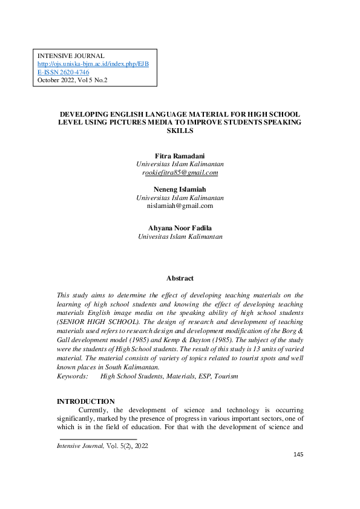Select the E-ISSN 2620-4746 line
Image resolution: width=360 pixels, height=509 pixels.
64,71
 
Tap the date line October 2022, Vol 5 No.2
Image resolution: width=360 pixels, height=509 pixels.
72,79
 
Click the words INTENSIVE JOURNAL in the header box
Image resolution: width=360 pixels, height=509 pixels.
71,56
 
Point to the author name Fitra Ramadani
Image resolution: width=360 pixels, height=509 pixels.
180,156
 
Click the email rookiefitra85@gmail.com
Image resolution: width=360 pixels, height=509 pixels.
180,172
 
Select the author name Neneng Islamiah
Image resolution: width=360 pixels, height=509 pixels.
180,189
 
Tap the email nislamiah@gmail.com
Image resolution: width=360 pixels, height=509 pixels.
180,206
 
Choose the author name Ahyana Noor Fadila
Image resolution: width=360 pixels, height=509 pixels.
180,228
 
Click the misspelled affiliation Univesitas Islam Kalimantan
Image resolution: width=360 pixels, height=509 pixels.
180,236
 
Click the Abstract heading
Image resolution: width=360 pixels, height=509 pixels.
180,278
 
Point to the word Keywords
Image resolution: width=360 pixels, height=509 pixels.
72,375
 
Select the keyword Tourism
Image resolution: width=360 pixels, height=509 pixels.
225,375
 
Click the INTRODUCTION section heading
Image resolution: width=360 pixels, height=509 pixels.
85,401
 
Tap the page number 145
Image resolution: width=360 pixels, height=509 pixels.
298,471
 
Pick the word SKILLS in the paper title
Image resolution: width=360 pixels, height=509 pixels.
180,130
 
